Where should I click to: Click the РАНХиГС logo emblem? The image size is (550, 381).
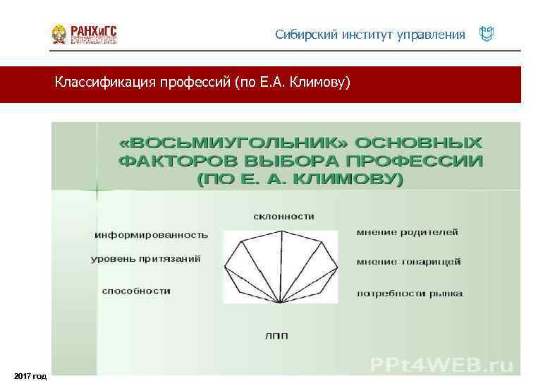(x=60, y=35)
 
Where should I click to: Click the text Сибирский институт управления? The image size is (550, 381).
(x=370, y=35)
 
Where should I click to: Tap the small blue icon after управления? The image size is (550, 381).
(x=486, y=34)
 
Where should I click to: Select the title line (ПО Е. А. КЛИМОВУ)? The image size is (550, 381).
(x=300, y=180)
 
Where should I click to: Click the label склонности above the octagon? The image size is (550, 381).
(x=283, y=216)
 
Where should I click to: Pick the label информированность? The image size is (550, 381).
(x=152, y=234)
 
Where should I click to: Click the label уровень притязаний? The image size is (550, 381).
(x=146, y=259)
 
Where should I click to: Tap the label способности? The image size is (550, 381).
(x=136, y=291)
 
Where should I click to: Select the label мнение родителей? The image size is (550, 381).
(x=407, y=231)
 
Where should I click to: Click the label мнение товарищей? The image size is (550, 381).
(x=408, y=262)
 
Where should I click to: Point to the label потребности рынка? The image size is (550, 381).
(x=409, y=293)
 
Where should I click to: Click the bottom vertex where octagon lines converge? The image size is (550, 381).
(x=281, y=303)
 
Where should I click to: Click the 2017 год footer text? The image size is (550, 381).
(x=30, y=376)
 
